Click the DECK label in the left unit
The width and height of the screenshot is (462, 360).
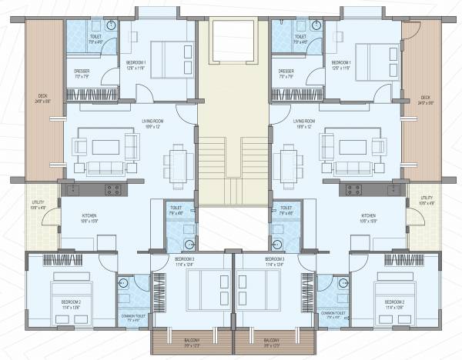pos(43,99)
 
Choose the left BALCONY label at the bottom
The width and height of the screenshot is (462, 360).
pos(192,342)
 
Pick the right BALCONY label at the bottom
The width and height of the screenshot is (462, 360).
pos(271,342)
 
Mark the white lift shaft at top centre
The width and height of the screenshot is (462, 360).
pos(233,42)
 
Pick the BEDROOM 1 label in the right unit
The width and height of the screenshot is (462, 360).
pos(340,65)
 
